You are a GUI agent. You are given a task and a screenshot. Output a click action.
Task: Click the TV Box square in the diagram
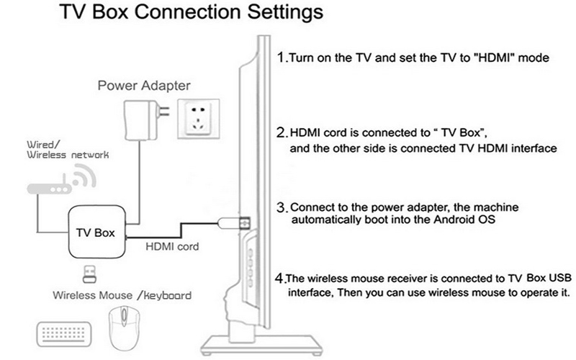(x=96, y=233)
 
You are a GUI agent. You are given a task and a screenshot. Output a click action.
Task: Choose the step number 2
(x=282, y=132)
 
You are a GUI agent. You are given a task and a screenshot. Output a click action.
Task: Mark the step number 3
(x=282, y=207)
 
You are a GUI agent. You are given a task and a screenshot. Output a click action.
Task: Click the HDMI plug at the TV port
(x=242, y=220)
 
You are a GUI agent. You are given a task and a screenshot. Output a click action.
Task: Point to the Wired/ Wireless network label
(x=45, y=148)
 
